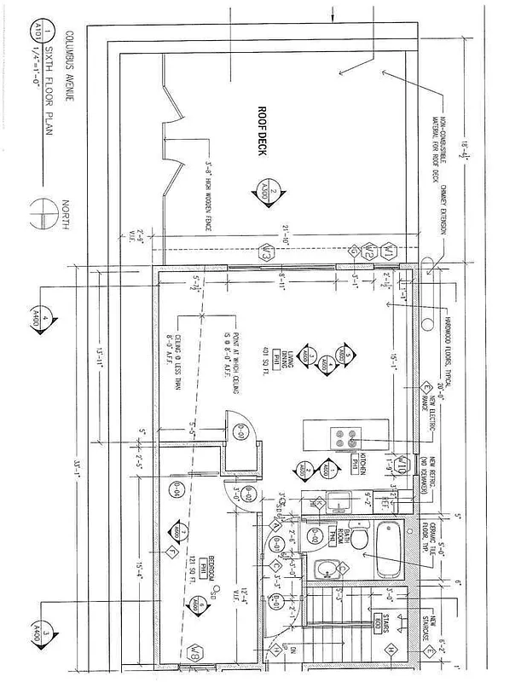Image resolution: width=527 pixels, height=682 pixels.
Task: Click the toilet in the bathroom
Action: (361, 537)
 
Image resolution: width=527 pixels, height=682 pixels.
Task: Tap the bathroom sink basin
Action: (327, 569)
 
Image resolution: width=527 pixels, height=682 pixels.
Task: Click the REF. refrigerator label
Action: (385, 504)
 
